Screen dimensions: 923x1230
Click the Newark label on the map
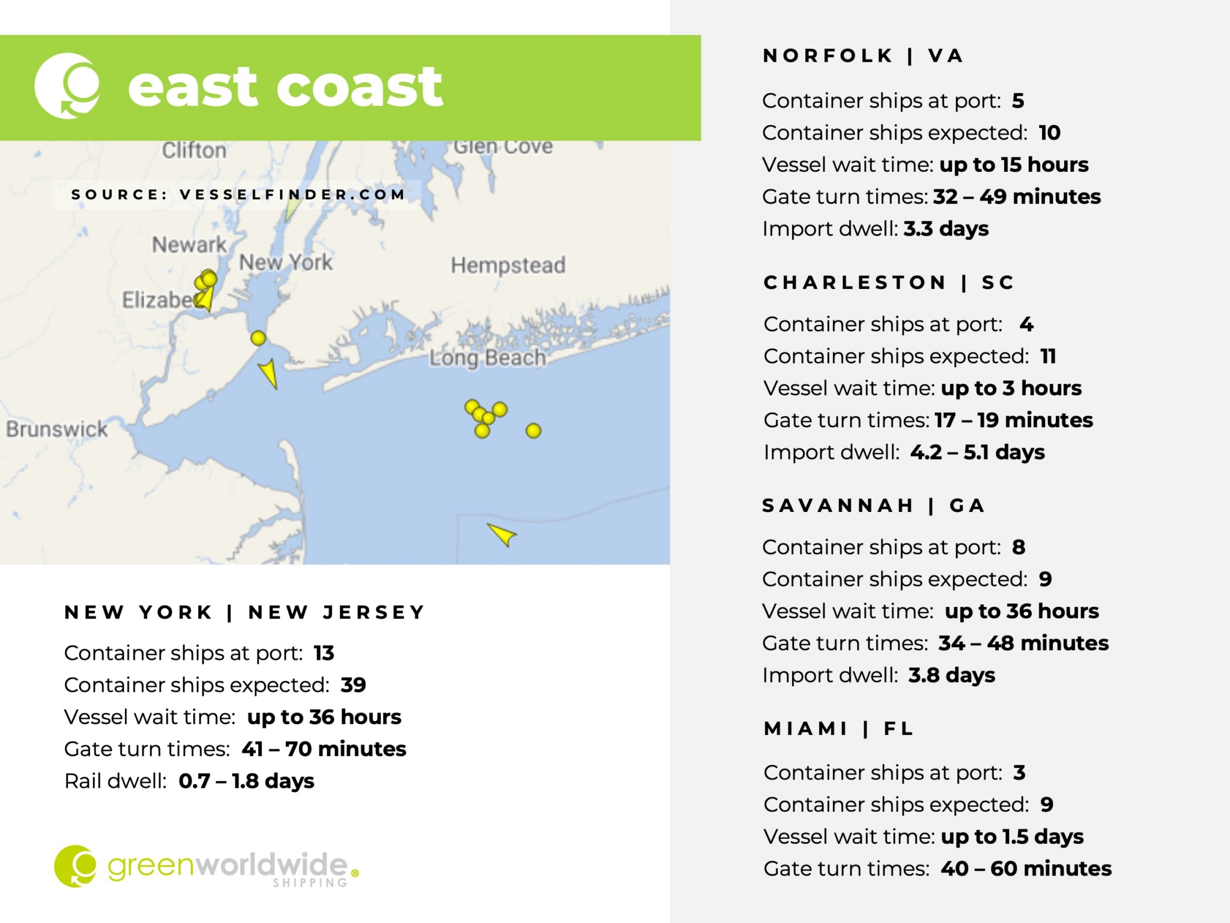[189, 245]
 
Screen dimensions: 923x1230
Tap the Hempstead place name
[508, 265]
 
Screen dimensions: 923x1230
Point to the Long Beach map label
[487, 358]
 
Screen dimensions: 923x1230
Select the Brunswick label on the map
[57, 429]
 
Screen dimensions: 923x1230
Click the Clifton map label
[194, 150]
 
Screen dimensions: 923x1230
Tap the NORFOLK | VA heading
[863, 56]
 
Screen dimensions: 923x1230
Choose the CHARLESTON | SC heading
[889, 282]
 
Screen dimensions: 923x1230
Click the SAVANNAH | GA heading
[873, 506]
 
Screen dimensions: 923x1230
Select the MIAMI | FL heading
[838, 729]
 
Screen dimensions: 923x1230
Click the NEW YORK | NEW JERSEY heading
[245, 612]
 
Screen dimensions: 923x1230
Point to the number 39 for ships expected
[353, 685]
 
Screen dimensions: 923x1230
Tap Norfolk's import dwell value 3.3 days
[946, 229]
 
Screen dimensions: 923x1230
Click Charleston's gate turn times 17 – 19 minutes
[1014, 420]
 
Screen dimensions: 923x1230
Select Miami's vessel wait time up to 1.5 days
[1012, 836]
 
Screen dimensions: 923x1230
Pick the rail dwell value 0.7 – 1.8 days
[246, 781]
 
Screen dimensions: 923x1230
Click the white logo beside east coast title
[67, 86]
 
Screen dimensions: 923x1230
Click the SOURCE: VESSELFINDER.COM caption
[238, 195]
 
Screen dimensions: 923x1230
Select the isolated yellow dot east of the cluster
[533, 431]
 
